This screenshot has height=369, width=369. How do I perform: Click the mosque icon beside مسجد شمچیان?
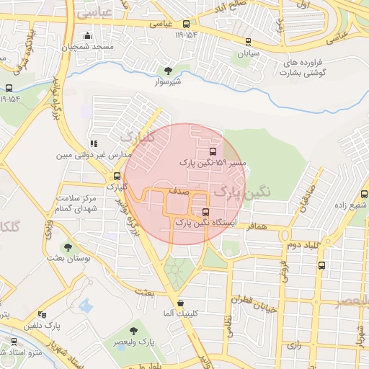click(x=89, y=36)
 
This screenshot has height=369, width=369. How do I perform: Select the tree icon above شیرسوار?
click(x=169, y=71)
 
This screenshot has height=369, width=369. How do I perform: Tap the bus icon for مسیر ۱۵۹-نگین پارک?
click(x=212, y=151)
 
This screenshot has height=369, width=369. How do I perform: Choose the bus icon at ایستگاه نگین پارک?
click(x=206, y=213)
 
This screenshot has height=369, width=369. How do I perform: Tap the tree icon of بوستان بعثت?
click(x=69, y=247)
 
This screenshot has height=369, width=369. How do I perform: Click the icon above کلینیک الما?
click(x=179, y=302)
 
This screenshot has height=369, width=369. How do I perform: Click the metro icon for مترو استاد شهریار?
click(x=13, y=342)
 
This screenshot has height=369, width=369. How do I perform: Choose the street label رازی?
click(x=294, y=344)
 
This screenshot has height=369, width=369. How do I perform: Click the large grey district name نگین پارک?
click(x=243, y=192)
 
